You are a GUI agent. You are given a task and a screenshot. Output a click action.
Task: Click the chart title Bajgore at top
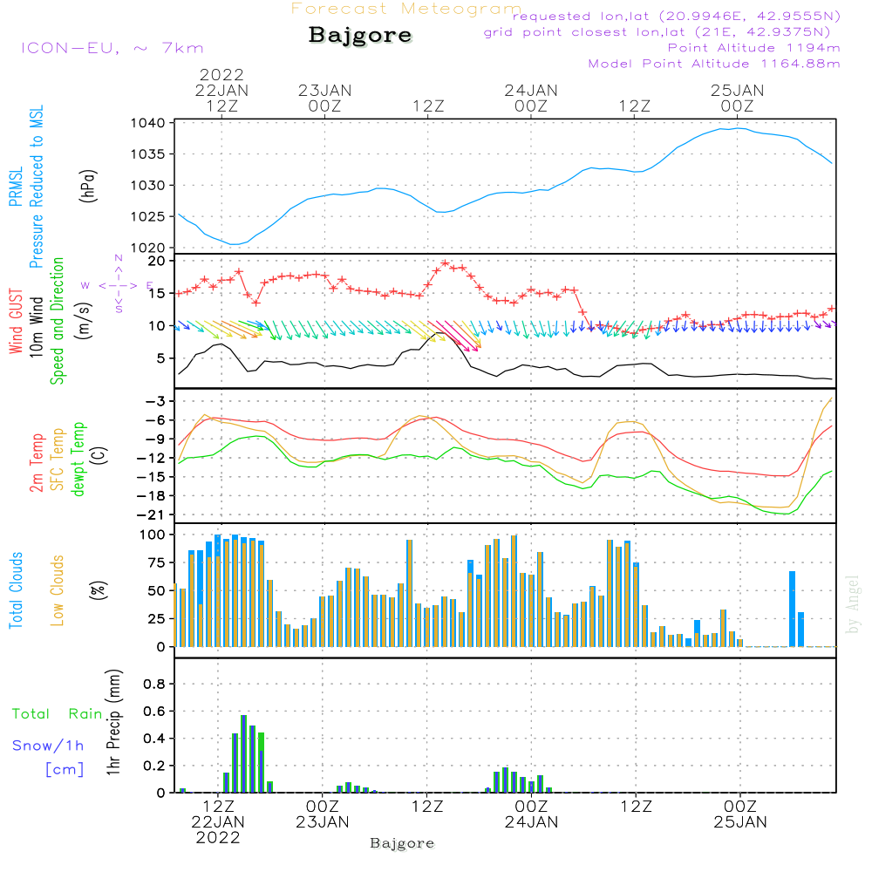click(x=360, y=37)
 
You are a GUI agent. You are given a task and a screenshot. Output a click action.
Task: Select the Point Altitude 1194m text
click(x=753, y=48)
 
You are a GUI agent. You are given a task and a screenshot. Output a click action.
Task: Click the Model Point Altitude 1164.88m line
click(x=713, y=64)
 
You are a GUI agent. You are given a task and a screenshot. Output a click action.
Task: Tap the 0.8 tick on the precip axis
click(x=154, y=684)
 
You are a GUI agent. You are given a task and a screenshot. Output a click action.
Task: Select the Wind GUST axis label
click(x=16, y=323)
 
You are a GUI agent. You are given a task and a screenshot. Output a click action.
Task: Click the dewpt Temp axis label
click(x=78, y=460)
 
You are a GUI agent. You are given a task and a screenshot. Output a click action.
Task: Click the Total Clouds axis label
click(x=16, y=590)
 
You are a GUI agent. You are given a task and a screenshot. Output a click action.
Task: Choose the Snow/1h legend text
click(x=48, y=746)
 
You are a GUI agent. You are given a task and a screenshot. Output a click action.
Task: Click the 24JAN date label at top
click(x=530, y=90)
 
